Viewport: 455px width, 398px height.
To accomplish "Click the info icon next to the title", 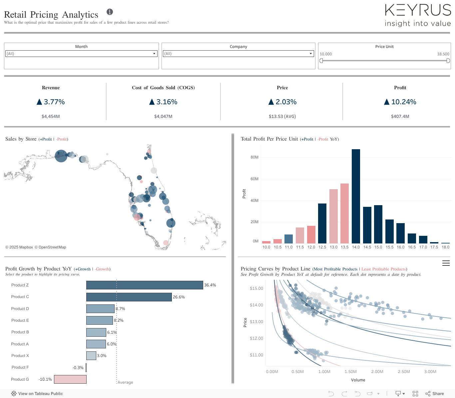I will (x=110, y=12).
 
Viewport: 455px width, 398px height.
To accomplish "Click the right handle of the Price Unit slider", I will (x=448, y=61).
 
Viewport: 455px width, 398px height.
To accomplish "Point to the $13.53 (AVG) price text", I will (x=282, y=117).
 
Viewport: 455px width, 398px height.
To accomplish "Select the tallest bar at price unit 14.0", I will (x=356, y=196).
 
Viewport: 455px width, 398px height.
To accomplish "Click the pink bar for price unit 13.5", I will (x=344, y=213).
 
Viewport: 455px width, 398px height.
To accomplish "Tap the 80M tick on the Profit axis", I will (x=254, y=157).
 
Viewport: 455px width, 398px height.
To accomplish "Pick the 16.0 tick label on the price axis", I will (x=400, y=247).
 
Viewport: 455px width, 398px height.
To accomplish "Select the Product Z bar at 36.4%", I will (x=145, y=285).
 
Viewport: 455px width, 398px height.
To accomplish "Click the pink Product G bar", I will (x=70, y=379).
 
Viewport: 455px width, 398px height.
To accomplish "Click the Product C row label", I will (x=20, y=297).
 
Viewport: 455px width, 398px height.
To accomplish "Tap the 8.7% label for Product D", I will (x=120, y=309).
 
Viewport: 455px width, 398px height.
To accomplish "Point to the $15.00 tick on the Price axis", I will (x=256, y=288).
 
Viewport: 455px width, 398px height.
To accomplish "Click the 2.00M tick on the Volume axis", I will (x=377, y=372).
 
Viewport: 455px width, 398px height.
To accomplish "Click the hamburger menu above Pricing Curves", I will (x=446, y=263).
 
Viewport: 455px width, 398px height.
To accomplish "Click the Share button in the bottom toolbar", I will (x=435, y=394).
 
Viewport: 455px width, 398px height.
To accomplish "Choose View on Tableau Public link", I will (x=37, y=394).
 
